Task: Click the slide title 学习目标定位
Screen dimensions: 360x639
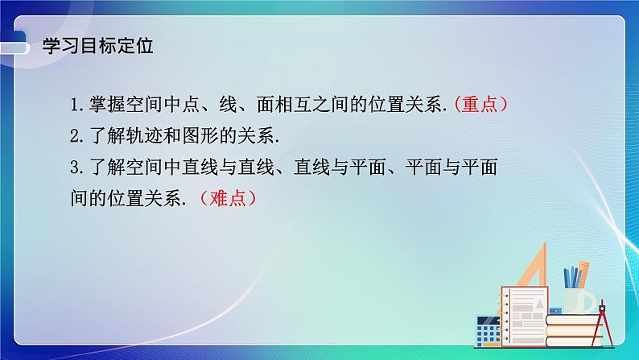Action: pyautogui.click(x=97, y=46)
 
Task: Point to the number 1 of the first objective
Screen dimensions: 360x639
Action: pyautogui.click(x=74, y=105)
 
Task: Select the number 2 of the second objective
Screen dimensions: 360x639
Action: pyautogui.click(x=74, y=135)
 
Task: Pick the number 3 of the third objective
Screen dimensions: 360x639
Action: pyautogui.click(x=74, y=167)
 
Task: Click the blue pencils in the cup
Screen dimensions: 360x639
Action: pyautogui.click(x=572, y=276)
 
